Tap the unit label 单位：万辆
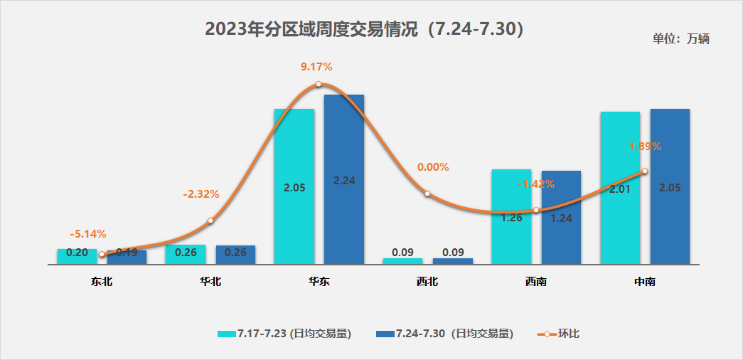click(x=680, y=39)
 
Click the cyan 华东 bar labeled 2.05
click(x=294, y=186)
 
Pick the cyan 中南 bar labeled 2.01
click(x=620, y=188)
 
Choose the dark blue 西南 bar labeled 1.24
click(x=561, y=218)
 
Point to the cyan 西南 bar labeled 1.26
click(x=511, y=217)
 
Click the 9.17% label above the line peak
click(x=316, y=67)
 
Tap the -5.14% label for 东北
click(x=88, y=233)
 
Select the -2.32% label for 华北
click(x=201, y=194)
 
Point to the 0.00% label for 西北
click(x=433, y=167)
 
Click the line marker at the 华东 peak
click(x=319, y=84)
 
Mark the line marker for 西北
click(x=427, y=194)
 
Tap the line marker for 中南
click(x=644, y=171)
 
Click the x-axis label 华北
click(x=210, y=282)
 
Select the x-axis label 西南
click(x=536, y=282)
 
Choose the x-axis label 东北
click(x=102, y=282)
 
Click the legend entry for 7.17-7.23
click(x=284, y=334)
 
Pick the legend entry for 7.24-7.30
click(x=444, y=334)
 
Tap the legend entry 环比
click(x=559, y=334)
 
